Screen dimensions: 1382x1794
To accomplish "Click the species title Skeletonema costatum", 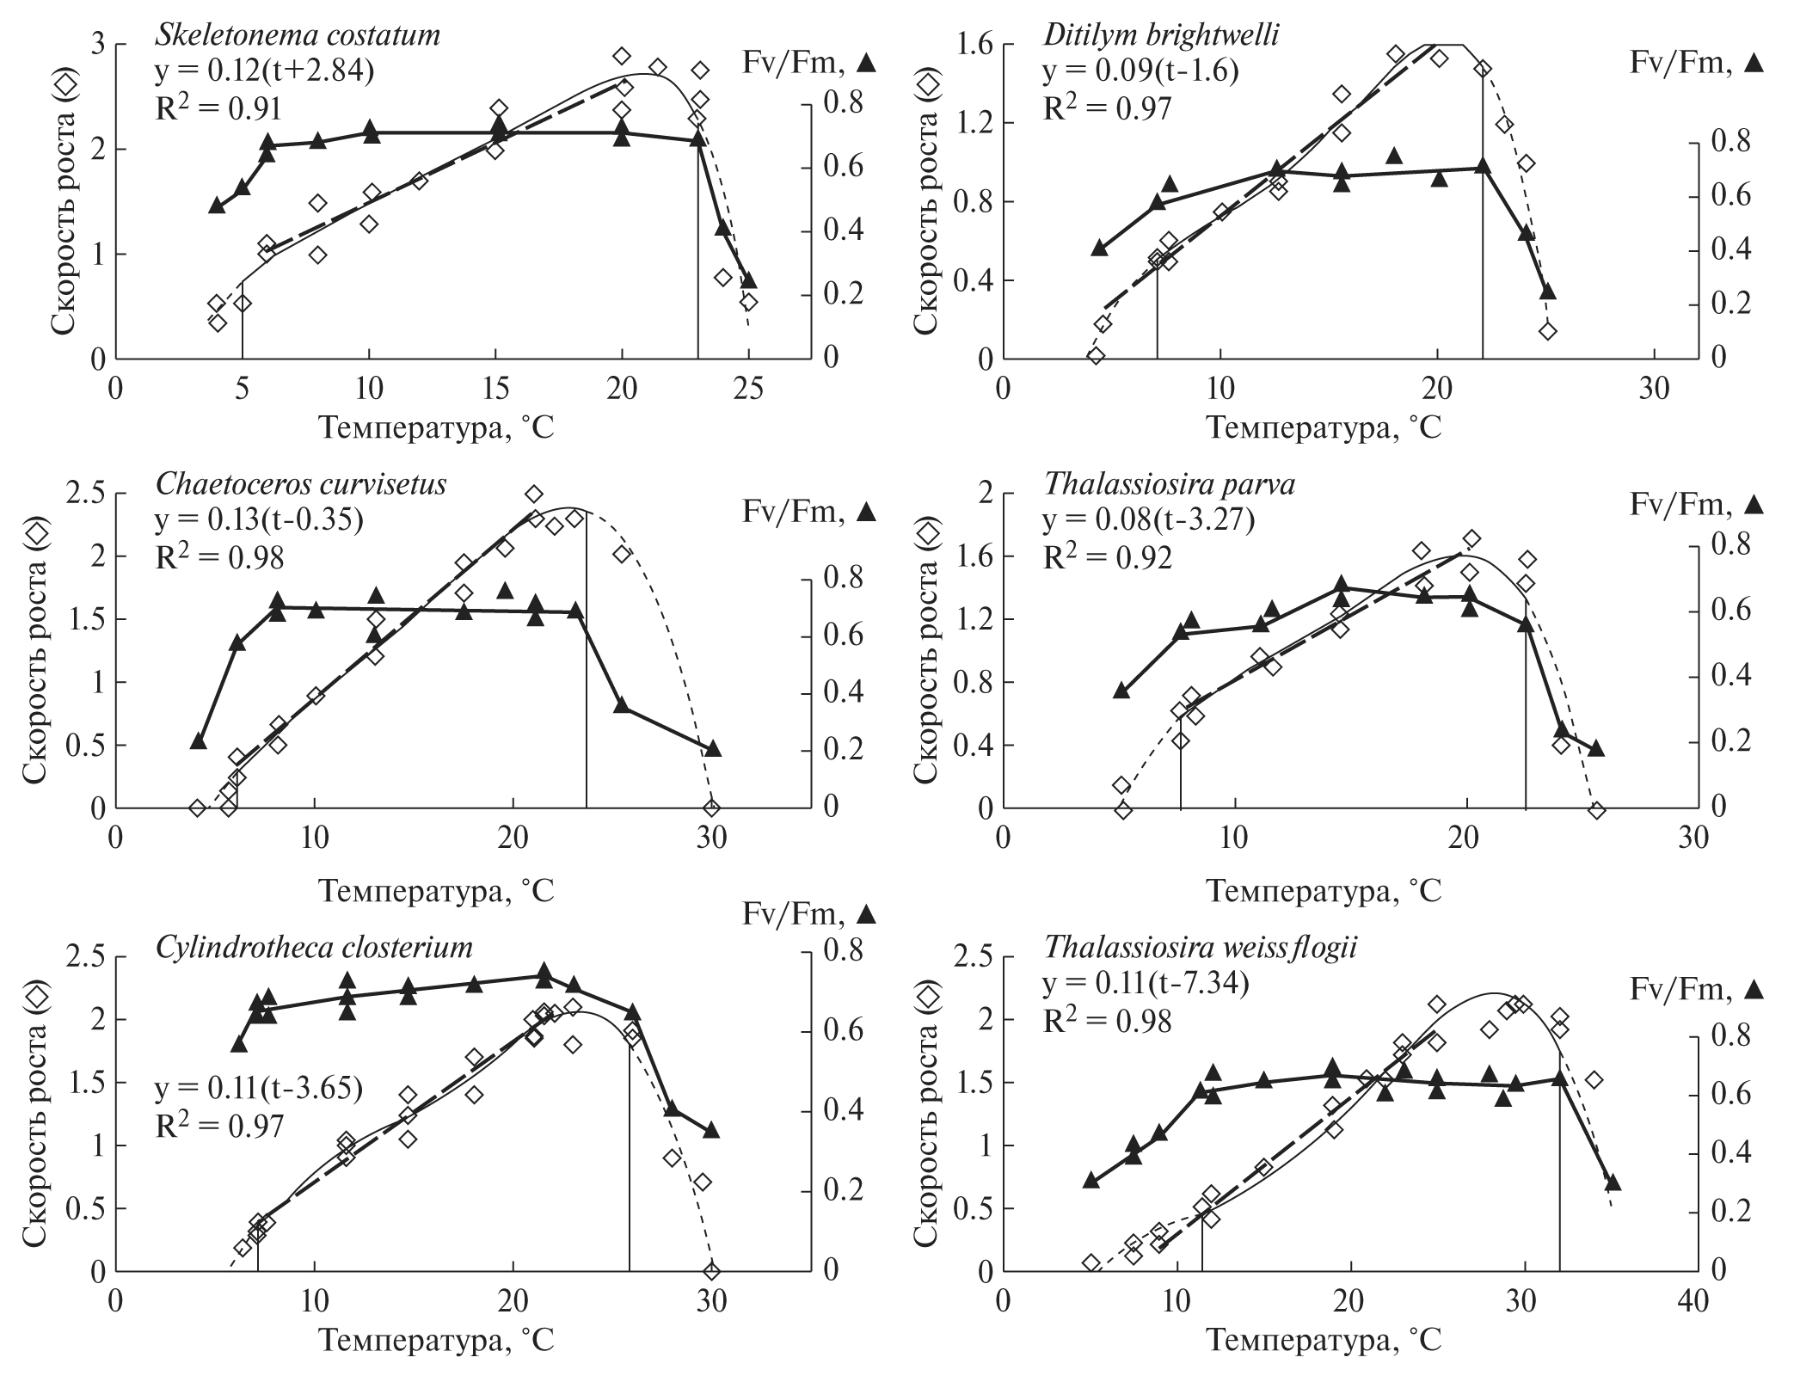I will [298, 36].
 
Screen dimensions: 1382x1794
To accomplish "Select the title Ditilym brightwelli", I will [1162, 36].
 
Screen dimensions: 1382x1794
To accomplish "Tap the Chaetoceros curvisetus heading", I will [301, 485].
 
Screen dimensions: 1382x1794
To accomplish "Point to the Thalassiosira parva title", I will [1170, 485].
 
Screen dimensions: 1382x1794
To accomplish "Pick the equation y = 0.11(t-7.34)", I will [1146, 983].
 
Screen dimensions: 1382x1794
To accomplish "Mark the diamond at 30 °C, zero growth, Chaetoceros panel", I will [711, 808].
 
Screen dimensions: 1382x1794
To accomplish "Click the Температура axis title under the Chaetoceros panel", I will [438, 890].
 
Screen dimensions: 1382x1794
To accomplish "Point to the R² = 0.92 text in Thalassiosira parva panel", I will [1107, 557].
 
